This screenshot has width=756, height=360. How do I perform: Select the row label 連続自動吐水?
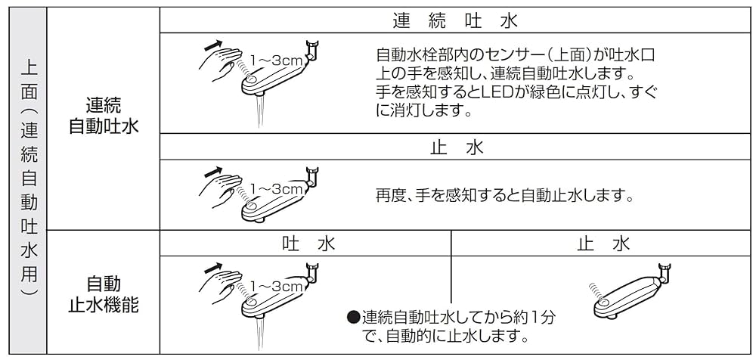point(104,115)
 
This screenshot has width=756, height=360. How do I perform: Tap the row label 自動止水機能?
point(104,294)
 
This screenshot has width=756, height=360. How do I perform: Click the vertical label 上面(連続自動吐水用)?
point(27,180)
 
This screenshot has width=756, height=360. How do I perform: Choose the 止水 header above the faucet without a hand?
point(603,244)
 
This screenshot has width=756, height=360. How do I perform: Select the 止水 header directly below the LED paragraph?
point(456,147)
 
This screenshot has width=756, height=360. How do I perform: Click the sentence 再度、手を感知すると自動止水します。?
point(504,195)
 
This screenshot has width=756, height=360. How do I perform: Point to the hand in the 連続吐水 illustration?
point(217,64)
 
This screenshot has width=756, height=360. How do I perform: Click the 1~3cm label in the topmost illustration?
point(277,58)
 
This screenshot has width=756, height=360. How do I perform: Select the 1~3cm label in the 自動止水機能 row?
point(277,286)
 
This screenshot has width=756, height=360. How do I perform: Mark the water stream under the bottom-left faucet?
point(261,334)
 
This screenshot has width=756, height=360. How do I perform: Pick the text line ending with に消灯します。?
point(424,110)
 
